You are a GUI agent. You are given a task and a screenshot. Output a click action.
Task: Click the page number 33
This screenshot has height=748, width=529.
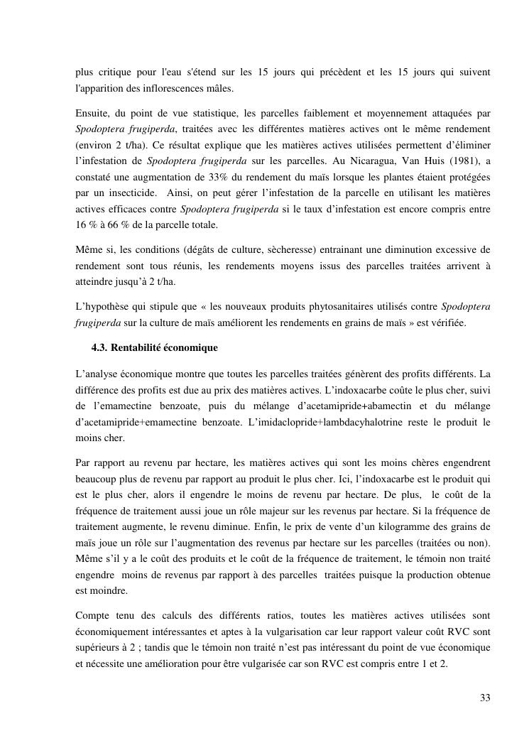[x=485, y=698]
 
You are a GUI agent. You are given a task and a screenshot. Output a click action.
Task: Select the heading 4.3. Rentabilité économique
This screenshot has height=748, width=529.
[x=154, y=348]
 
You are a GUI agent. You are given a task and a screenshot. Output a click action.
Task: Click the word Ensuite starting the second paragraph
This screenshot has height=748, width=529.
[x=93, y=112]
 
